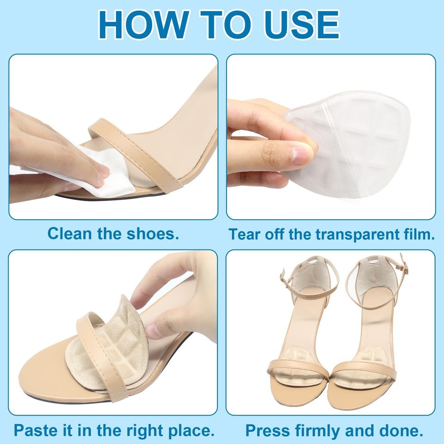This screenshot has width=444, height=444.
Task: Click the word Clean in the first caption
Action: tap(70, 234)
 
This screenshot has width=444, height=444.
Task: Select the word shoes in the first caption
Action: tap(153, 234)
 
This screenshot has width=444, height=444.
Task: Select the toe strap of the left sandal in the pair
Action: tap(297, 368)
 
